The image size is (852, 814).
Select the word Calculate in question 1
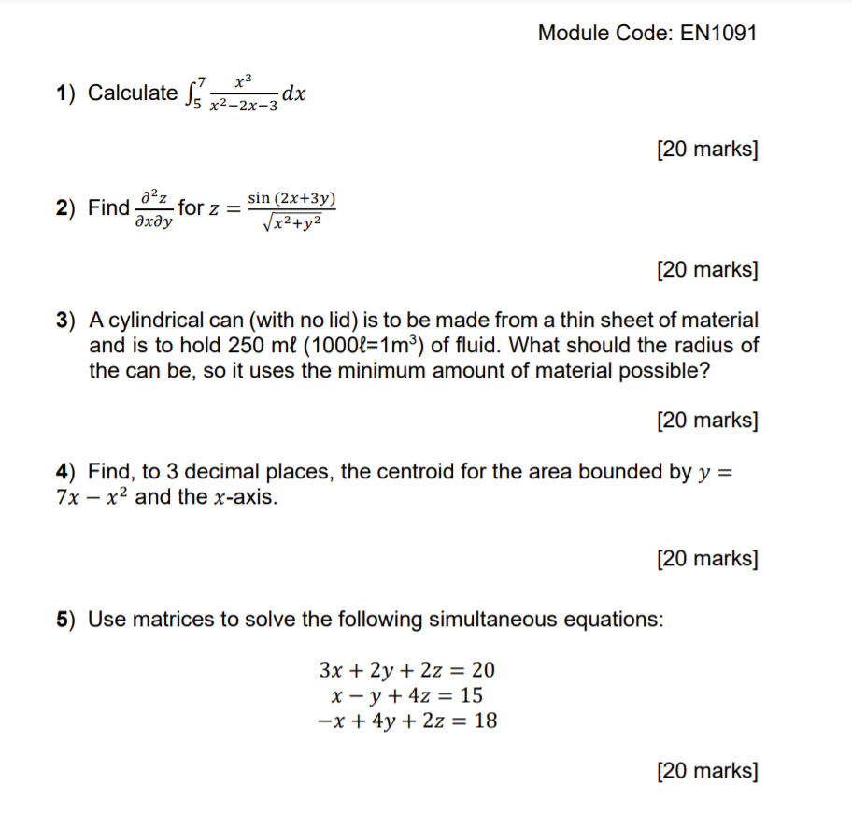pos(132,93)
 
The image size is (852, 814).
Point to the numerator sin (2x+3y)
pos(291,198)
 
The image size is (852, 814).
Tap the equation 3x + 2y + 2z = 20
pos(407,670)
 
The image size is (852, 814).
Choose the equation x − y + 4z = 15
pos(407,695)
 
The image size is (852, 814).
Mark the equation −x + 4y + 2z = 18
pos(407,721)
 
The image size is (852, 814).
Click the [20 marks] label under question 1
pos(707,149)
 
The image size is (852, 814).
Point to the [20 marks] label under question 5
pos(707,771)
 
